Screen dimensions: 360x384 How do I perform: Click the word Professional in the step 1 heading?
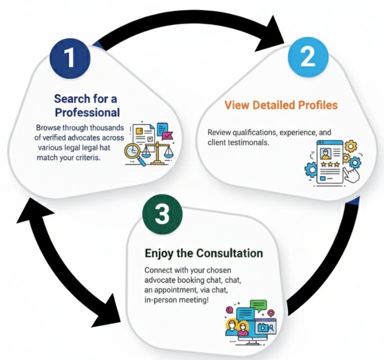coord(87,111)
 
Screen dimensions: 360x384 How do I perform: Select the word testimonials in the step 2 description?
coord(249,142)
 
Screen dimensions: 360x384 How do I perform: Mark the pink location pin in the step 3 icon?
coord(272,313)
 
